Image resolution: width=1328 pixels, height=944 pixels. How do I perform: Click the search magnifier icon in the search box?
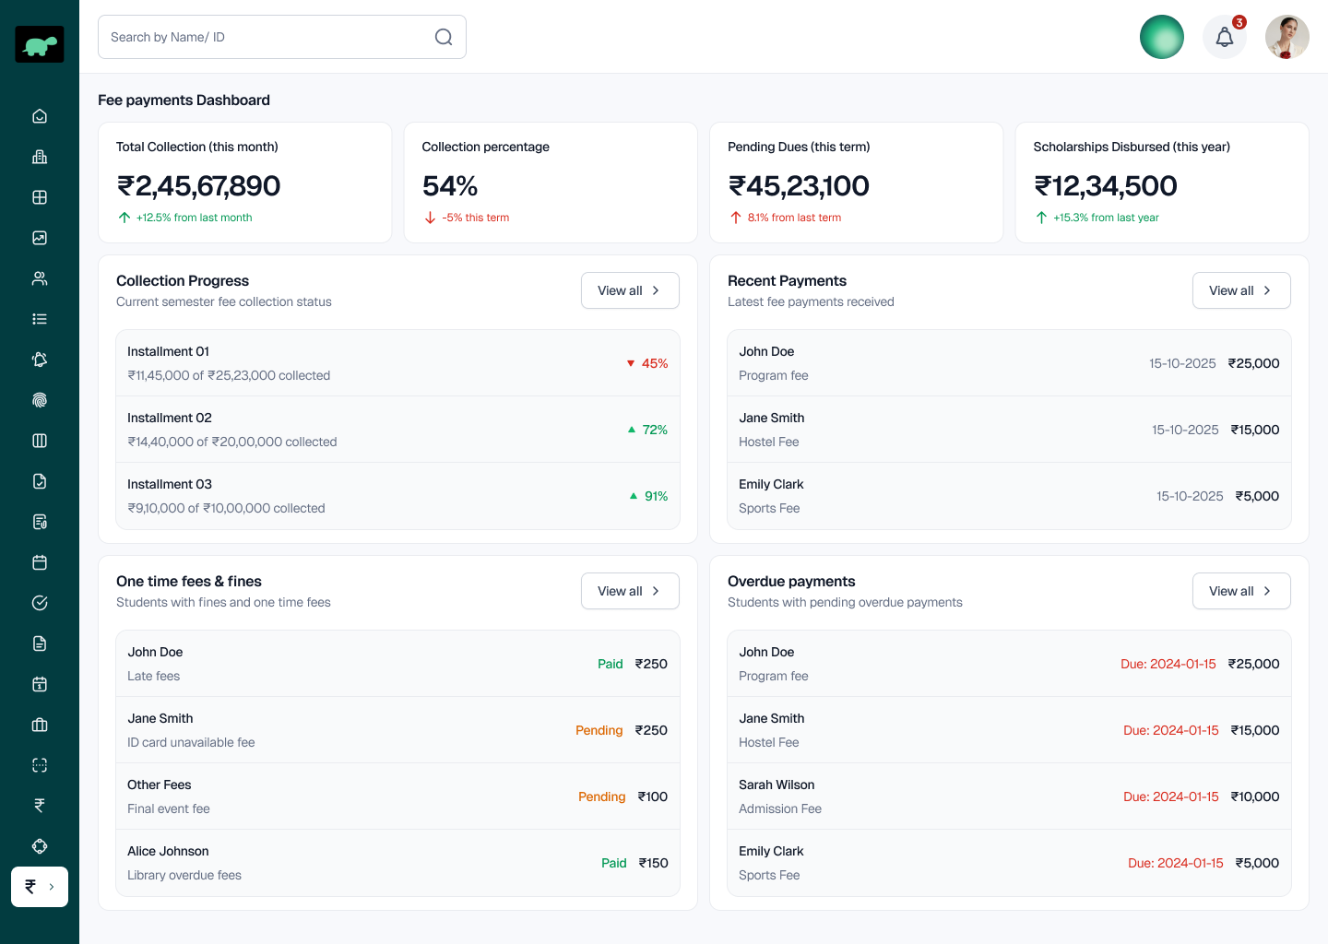click(x=444, y=37)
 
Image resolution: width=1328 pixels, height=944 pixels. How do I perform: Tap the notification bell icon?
click(x=1224, y=37)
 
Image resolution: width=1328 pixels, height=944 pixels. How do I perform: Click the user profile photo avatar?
click(x=1286, y=37)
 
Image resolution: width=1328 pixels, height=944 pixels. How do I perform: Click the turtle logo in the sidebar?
click(x=40, y=44)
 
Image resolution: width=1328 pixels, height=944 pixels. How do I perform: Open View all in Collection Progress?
click(x=630, y=290)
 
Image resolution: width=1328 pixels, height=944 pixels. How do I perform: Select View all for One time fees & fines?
click(x=630, y=591)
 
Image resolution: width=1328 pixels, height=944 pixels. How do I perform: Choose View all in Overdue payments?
click(x=1240, y=591)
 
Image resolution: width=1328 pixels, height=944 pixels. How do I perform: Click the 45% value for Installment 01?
click(x=654, y=363)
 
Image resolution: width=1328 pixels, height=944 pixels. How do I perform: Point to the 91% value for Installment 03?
click(x=656, y=496)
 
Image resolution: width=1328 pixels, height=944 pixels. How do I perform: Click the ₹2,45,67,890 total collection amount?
click(x=198, y=186)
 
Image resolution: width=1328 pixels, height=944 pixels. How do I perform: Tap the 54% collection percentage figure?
click(x=450, y=186)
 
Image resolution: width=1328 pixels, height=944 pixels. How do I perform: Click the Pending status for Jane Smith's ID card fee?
click(x=599, y=730)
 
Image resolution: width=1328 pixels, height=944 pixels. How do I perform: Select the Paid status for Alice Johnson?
click(x=613, y=863)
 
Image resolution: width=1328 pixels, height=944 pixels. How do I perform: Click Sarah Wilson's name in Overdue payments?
click(x=777, y=785)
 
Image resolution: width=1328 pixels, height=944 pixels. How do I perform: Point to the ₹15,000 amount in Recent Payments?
click(x=1254, y=430)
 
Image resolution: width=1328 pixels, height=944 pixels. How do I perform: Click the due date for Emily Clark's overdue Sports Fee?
click(x=1175, y=863)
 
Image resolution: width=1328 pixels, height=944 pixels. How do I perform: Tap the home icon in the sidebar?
click(x=40, y=116)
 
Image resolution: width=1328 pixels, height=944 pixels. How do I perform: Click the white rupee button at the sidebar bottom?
click(x=40, y=887)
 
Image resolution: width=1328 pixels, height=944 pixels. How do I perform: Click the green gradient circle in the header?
click(x=1161, y=37)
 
